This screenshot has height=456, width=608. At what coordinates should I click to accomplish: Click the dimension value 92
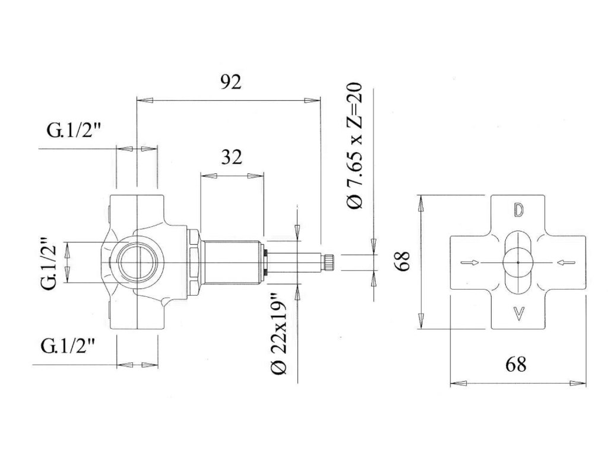tap(232, 83)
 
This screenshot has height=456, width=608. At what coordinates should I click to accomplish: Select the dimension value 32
tap(232, 157)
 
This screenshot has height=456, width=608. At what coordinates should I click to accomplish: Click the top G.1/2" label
tap(74, 132)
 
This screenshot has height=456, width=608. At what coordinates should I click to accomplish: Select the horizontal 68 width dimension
tap(516, 364)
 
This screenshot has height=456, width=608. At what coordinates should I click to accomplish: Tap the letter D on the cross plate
tap(518, 211)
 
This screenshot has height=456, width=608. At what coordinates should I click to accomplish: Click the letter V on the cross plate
tap(518, 313)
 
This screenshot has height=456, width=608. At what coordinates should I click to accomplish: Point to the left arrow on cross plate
tap(469, 262)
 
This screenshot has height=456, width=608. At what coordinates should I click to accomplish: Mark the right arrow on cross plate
tap(567, 262)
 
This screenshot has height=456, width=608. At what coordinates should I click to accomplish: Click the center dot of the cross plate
tap(518, 262)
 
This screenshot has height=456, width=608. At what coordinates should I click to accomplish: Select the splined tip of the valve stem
tap(328, 262)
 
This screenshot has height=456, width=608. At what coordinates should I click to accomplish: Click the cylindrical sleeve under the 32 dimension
tap(232, 258)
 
